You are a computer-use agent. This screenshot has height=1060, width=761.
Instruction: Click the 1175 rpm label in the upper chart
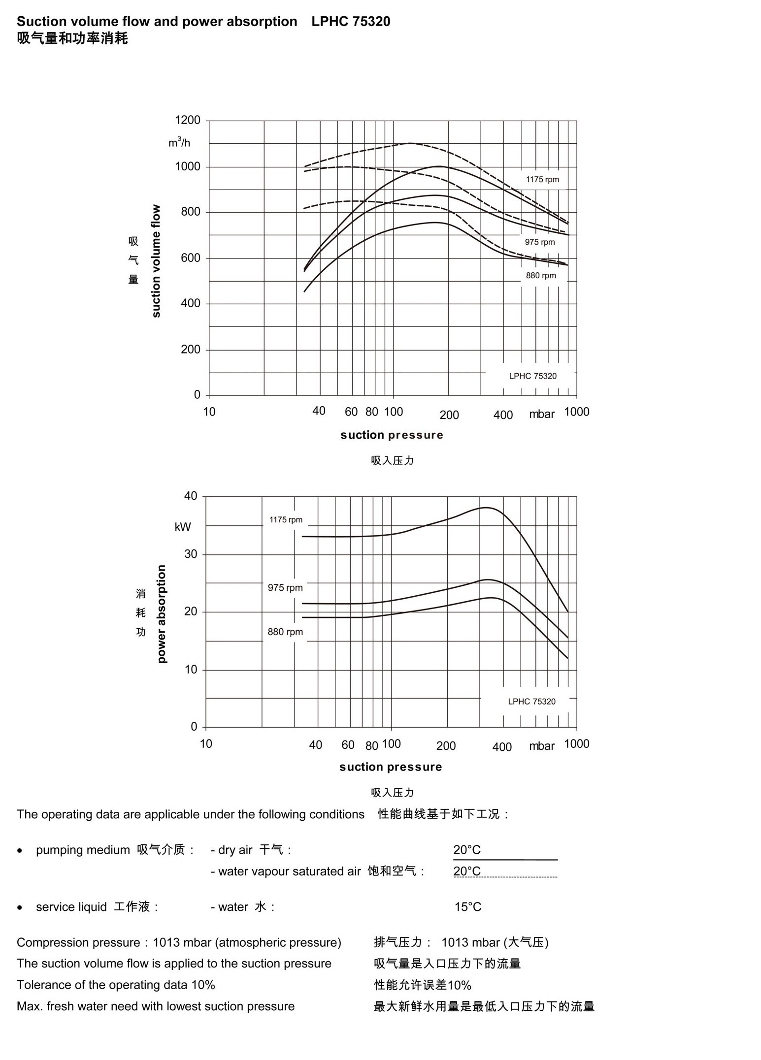coord(542,180)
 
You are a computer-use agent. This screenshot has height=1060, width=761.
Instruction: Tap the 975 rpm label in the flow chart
coord(539,242)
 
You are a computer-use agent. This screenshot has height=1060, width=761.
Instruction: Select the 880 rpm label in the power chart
coord(285,632)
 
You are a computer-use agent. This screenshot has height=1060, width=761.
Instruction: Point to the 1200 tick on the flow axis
coord(188,120)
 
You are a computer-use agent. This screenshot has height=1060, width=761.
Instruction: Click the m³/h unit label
coord(179,143)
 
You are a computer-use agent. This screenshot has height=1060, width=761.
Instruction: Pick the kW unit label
coord(182,527)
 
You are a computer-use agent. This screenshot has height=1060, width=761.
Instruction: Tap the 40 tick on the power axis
coord(191,496)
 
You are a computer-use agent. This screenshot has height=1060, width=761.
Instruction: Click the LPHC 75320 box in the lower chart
coord(531,702)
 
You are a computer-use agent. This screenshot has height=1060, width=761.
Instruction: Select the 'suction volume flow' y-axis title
coord(156,261)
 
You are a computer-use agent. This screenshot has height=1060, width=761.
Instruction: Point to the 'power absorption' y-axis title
coord(162,614)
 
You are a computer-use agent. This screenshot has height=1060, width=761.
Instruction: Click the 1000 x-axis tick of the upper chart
coord(576,412)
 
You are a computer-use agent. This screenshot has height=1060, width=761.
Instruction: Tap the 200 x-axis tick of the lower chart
coord(446,746)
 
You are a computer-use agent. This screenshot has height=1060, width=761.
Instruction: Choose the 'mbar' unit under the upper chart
coord(541,415)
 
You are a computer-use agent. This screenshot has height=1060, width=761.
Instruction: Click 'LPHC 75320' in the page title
coord(351,22)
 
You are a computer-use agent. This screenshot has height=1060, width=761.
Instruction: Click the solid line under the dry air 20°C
coord(505,860)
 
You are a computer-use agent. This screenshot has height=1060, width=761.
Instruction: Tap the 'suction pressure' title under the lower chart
coord(391,767)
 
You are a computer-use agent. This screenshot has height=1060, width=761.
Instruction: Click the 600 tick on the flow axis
coord(191,258)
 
